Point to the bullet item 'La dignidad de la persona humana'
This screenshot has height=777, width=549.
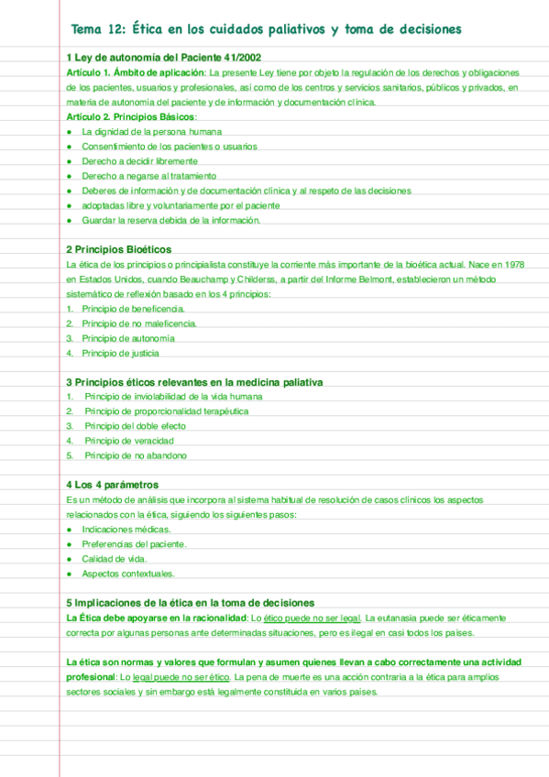click(151, 132)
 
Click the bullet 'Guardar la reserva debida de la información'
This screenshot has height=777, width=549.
click(171, 220)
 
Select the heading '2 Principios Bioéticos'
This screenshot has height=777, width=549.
click(118, 249)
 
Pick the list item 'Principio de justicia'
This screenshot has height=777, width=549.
click(120, 353)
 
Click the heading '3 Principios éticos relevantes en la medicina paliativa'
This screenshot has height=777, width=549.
click(193, 382)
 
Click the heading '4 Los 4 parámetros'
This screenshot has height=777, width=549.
click(112, 485)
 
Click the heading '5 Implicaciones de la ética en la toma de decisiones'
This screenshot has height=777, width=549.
click(191, 603)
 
